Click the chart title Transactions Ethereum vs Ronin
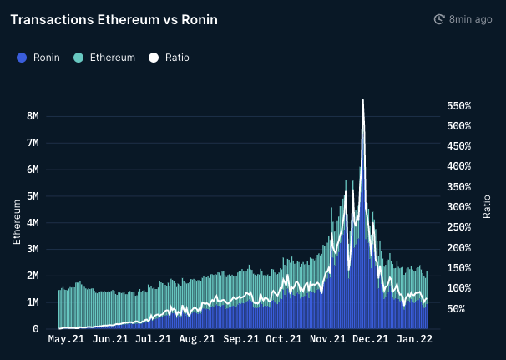[x=114, y=19]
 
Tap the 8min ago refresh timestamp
[x=470, y=19]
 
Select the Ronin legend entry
[x=40, y=58]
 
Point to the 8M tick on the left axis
[x=33, y=116]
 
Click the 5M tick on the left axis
[x=33, y=196]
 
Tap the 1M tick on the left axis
[x=33, y=302]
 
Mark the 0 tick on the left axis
[x=36, y=329]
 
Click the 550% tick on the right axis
[x=459, y=106]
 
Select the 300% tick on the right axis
[x=459, y=207]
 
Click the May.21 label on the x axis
[x=67, y=340]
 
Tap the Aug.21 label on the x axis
[x=197, y=340]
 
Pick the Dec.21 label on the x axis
[x=370, y=340]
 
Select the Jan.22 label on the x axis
[x=413, y=340]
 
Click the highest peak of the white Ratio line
[x=362, y=100]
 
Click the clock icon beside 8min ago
[x=439, y=19]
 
